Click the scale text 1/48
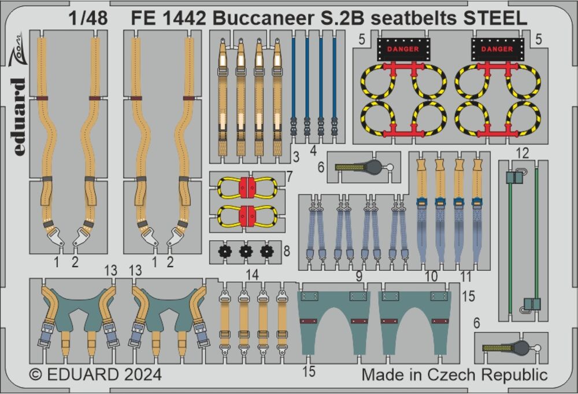[87, 17]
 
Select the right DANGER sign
[497, 49]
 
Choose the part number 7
[289, 175]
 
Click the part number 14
[251, 276]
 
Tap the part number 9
[360, 277]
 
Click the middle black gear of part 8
[246, 252]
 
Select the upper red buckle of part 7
[247, 187]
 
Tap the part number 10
[431, 277]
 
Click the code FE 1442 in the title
[163, 17]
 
